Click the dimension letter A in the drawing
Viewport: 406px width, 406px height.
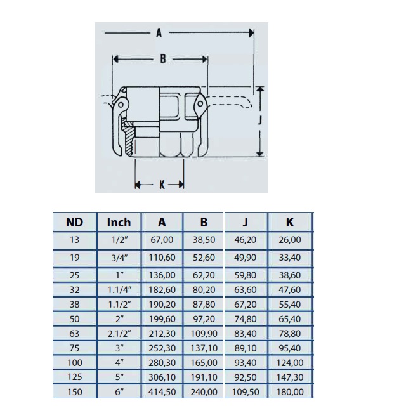tap(159, 33)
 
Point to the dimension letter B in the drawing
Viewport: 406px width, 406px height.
tap(163, 59)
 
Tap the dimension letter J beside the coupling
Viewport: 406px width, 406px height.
tap(260, 120)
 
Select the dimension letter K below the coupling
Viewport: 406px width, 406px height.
tap(162, 185)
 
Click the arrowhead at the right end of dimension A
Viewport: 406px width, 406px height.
tap(251, 33)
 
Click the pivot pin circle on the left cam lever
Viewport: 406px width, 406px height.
tap(121, 105)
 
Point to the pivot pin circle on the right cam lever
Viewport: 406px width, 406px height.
tap(200, 104)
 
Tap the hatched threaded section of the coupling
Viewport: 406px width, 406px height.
tap(129, 140)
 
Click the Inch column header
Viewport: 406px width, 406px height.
tap(119, 223)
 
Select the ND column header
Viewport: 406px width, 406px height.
tap(75, 223)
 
